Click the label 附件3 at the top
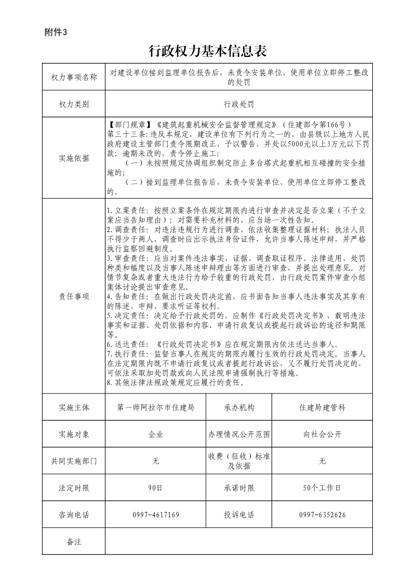pyautogui.click(x=56, y=32)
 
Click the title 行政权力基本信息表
pyautogui.click(x=208, y=51)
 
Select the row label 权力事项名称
pyautogui.click(x=74, y=77)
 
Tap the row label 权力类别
pyautogui.click(x=74, y=104)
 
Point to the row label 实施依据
pyautogui.click(x=74, y=158)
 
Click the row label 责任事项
pyautogui.click(x=74, y=296)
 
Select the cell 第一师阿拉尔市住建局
pyautogui.click(x=156, y=408)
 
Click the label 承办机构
pyautogui.click(x=239, y=408)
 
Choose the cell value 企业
pyautogui.click(x=156, y=434)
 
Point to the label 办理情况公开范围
pyautogui.click(x=239, y=434)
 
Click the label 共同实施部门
pyautogui.click(x=74, y=461)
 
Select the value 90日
pyautogui.click(x=156, y=488)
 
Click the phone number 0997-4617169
pyautogui.click(x=156, y=515)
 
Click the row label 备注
pyautogui.click(x=74, y=541)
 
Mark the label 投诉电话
pyautogui.click(x=239, y=515)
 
